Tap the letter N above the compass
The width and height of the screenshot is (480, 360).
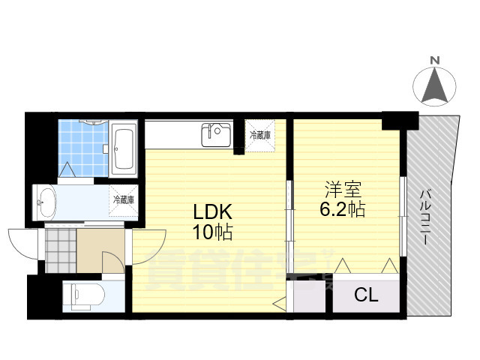[x=435, y=60]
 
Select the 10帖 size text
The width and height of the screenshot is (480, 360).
[x=212, y=232]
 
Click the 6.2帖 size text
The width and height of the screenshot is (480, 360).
[x=342, y=209]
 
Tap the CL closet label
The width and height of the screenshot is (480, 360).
[x=365, y=295]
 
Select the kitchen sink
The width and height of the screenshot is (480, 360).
[x=216, y=136]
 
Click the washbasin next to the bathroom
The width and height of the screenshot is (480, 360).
[x=47, y=202]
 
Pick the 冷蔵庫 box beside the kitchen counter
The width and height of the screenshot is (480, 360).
[x=261, y=136]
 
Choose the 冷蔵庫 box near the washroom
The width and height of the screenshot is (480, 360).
[x=124, y=200]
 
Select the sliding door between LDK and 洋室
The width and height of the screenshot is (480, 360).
[x=288, y=217]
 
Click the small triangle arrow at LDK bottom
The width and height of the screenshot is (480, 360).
[x=280, y=303]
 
